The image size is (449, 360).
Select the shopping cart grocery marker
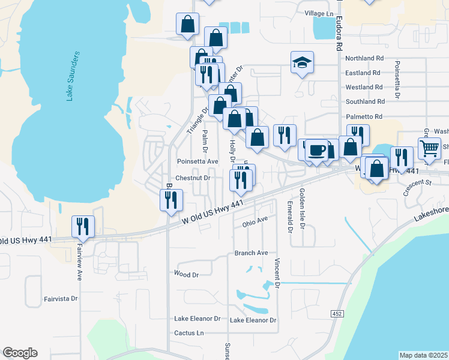coord(429,148)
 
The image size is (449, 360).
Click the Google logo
coord(20,353)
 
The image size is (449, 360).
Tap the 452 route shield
coord(337,314)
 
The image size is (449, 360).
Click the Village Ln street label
coord(319,13)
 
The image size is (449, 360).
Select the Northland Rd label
coord(364,58)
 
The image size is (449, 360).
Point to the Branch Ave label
coord(251,253)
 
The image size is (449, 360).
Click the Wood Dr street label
coord(186,274)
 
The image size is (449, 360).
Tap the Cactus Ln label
coord(188,332)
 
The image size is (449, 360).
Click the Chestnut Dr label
coord(193,178)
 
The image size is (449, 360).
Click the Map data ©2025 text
coord(423,355)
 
